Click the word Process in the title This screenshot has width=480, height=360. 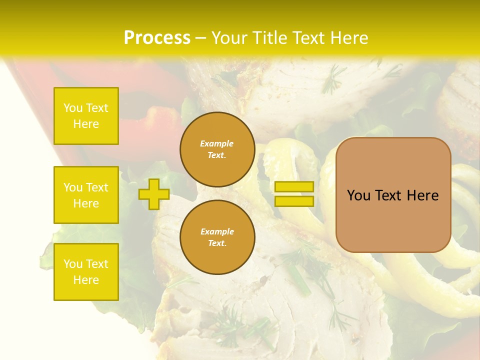pos(157,38)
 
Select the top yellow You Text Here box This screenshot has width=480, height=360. pos(86,116)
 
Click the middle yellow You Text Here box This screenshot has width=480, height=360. pos(86,195)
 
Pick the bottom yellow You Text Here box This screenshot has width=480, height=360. pos(86,271)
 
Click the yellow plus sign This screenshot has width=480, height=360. pos(154,194)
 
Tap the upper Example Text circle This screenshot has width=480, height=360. pos(217,149)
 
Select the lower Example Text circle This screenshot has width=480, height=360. pos(217,237)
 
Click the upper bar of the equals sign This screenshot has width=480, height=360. pos(294,186)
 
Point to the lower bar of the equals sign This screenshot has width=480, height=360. pos(294,201)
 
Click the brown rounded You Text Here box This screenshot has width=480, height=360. pos(393,195)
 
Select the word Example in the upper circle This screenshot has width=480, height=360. pos(217,143)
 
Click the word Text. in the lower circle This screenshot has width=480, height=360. pos(217,243)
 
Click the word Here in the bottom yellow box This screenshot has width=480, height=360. pos(86,280)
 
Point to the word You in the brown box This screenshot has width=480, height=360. pos(358,195)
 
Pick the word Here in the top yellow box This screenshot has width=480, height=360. pos(86,124)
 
